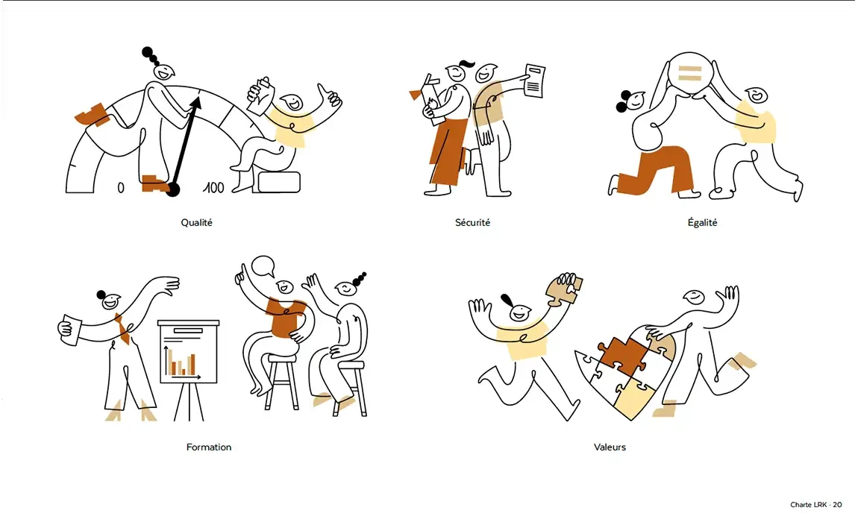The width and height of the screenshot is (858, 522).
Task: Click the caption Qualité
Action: [x=196, y=223]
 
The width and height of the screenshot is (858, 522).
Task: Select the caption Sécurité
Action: [x=473, y=223]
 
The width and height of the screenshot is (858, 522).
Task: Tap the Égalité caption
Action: [x=702, y=222]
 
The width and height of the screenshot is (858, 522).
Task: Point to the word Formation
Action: [x=208, y=447]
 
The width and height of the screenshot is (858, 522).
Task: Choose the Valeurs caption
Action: [x=610, y=447]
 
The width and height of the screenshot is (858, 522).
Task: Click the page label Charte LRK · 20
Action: [x=816, y=505]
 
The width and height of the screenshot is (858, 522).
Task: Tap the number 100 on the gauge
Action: [x=213, y=188]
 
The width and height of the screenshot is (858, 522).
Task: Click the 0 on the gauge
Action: [x=121, y=188]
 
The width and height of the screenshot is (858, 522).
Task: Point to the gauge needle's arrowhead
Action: [x=197, y=102]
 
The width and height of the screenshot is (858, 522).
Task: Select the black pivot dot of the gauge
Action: [x=173, y=190]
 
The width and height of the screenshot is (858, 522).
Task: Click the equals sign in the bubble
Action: [x=689, y=73]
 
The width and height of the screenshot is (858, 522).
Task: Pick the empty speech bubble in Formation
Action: [x=263, y=266]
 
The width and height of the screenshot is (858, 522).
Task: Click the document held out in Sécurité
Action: [x=535, y=81]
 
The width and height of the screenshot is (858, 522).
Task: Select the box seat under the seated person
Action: [x=279, y=182]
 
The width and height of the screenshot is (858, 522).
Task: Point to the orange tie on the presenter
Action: [x=122, y=327]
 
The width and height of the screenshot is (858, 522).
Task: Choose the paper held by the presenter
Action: [x=69, y=330]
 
